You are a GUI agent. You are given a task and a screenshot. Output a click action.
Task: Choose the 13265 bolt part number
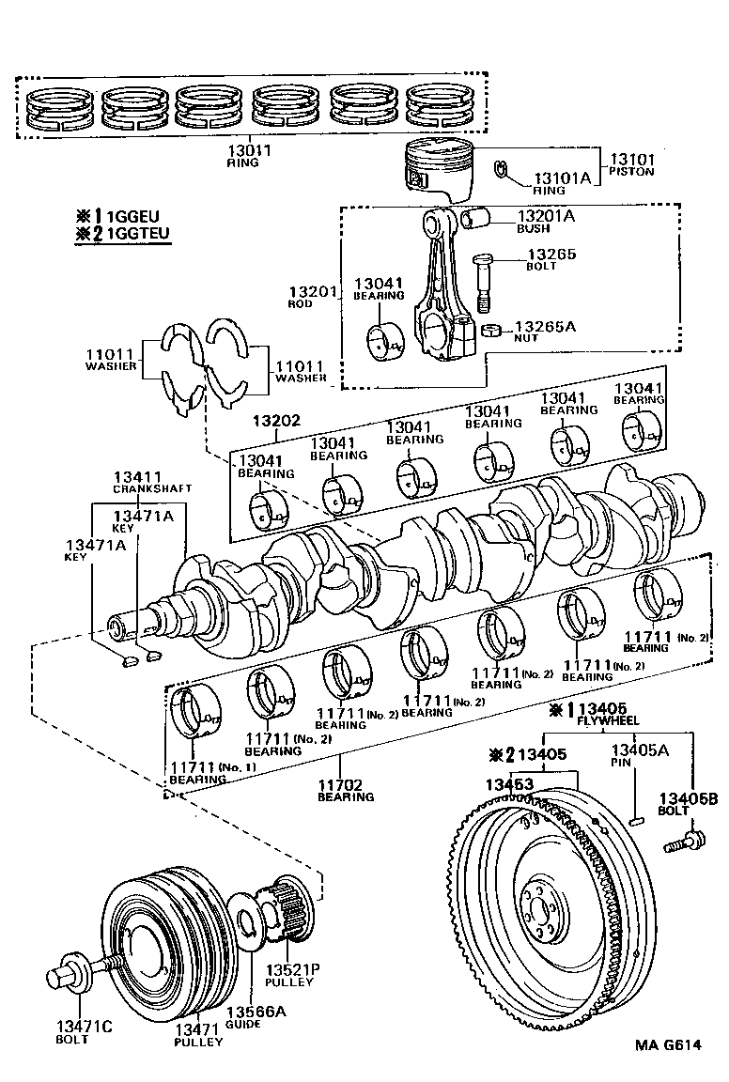[x=551, y=255]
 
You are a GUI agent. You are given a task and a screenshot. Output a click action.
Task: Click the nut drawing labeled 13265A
[x=489, y=331]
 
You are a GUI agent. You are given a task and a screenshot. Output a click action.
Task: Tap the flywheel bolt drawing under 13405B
[x=685, y=842]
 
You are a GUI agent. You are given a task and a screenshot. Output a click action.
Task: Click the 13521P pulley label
[x=291, y=969]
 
